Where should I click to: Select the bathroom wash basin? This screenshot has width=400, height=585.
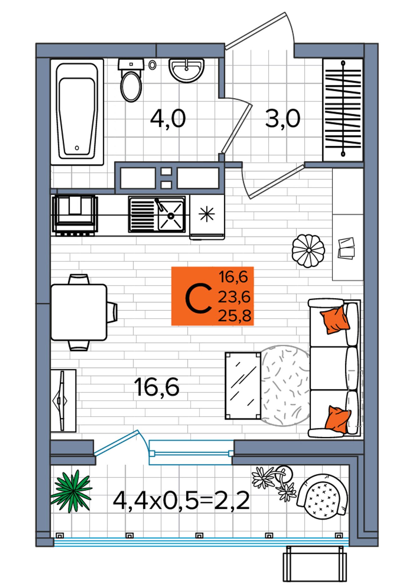point(187,71)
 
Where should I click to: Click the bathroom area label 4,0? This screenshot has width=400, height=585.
point(168,119)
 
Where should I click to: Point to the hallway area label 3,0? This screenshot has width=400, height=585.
point(282,119)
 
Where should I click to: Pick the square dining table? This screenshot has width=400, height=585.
point(79,312)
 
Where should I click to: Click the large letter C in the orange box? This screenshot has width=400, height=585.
point(198,299)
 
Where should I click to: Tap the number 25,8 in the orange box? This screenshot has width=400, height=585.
point(234,316)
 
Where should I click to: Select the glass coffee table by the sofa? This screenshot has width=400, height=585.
point(243,385)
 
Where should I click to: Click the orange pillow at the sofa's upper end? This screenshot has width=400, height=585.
point(334,320)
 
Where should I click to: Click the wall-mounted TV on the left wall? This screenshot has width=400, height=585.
point(63,401)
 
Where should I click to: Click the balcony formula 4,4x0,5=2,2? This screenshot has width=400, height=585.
point(181,501)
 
